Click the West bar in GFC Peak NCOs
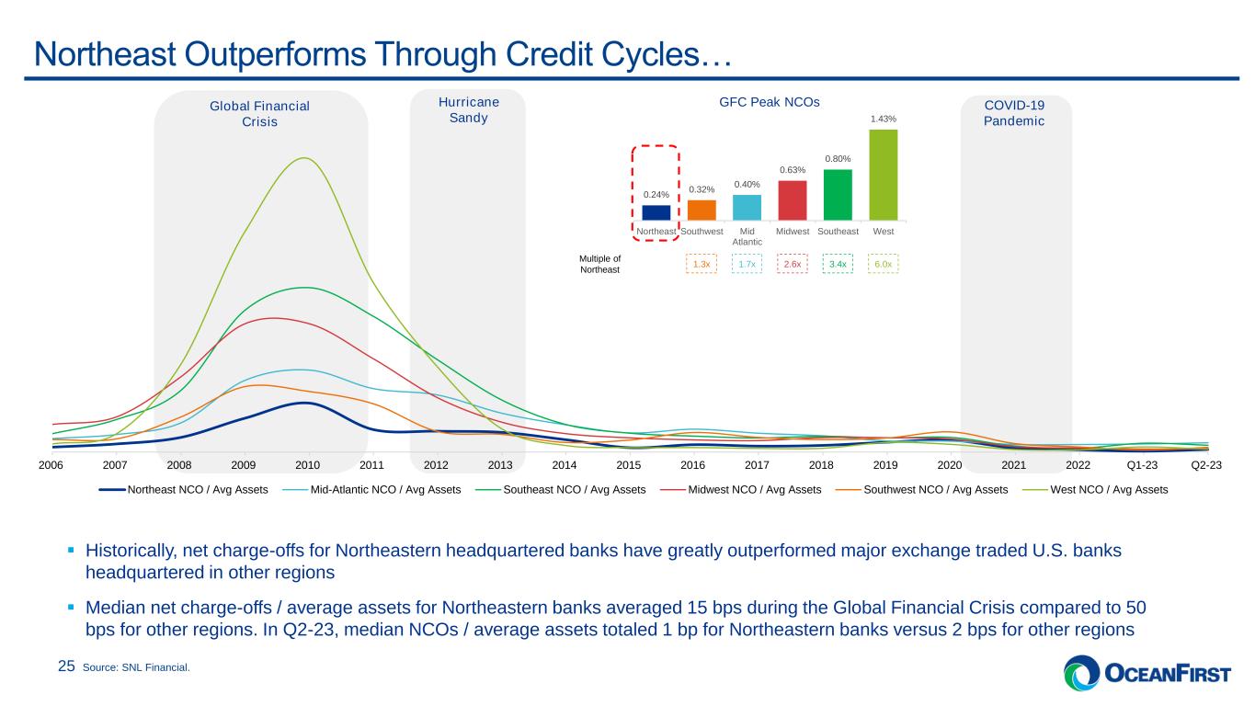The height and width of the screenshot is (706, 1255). [x=883, y=175]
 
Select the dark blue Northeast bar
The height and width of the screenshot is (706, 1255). [x=656, y=212]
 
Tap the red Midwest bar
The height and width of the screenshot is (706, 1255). [x=792, y=200]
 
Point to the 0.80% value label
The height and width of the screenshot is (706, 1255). [x=838, y=158]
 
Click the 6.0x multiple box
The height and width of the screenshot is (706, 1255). [x=883, y=264]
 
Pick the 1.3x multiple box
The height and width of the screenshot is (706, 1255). [x=702, y=264]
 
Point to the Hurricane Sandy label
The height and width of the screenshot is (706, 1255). [x=468, y=110]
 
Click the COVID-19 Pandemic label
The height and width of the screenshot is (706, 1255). [x=1015, y=113]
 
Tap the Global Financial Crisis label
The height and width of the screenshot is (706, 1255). [x=260, y=114]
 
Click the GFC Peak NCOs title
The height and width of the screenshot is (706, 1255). [x=757, y=103]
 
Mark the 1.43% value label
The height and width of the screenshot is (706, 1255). [x=883, y=120]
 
